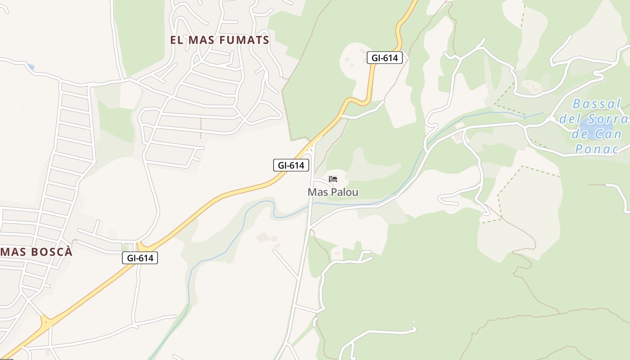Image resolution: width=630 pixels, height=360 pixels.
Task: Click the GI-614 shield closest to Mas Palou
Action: point(291,165)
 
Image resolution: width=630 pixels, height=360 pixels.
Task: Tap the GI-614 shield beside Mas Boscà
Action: point(140,258)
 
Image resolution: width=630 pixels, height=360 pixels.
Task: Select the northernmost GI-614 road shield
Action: point(384,58)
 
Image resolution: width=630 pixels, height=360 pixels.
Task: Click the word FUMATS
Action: point(244,40)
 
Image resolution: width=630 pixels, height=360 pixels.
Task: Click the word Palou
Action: point(345,192)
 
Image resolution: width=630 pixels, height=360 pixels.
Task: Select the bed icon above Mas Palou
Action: point(333,179)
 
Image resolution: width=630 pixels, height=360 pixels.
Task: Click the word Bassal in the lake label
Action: point(597,104)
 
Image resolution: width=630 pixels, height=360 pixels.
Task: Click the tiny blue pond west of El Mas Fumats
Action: point(30,67)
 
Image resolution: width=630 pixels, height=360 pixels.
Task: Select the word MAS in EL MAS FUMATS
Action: point(201,40)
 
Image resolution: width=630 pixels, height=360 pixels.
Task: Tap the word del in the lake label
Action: point(569,119)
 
